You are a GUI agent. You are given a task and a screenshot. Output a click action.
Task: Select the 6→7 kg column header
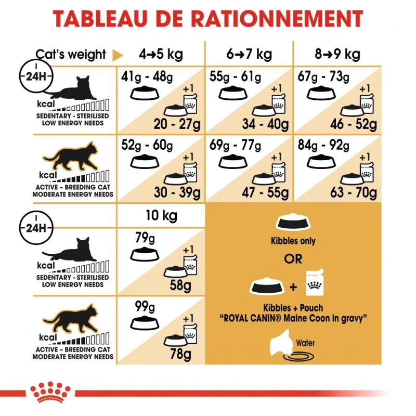click(x=250, y=54)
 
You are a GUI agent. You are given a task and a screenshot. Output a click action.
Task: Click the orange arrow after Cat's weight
click(x=118, y=55)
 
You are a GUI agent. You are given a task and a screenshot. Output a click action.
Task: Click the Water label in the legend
click(x=305, y=343)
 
